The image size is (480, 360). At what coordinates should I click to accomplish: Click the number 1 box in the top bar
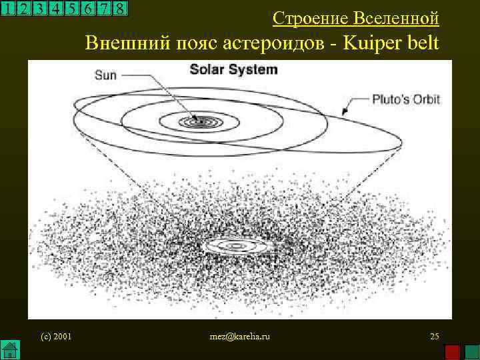8,9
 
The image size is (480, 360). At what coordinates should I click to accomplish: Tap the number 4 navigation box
55,9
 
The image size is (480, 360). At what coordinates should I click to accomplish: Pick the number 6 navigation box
87,9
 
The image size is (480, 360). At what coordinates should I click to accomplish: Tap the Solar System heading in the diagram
233,69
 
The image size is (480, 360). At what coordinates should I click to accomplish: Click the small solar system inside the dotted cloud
237,246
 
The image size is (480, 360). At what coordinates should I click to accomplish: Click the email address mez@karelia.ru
239,336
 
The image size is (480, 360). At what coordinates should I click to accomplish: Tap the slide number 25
434,336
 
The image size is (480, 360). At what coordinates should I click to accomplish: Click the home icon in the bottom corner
9,349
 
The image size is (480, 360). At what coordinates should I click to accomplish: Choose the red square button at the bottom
453,351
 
